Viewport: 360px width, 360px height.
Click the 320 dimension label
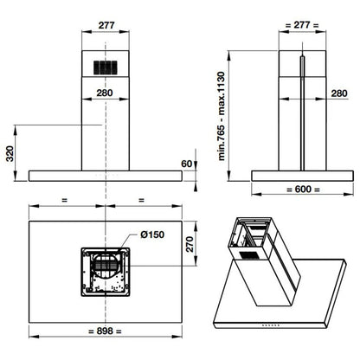[x=10, y=154]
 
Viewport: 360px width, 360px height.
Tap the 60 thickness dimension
[x=186, y=164]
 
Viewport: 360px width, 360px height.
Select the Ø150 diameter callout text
[x=152, y=235]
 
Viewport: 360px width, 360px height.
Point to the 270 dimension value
[x=190, y=244]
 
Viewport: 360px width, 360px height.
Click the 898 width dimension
[x=105, y=331]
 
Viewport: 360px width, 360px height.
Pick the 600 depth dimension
[x=303, y=190]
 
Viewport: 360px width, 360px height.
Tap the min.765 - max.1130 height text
[x=222, y=116]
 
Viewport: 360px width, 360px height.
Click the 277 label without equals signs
[x=106, y=25]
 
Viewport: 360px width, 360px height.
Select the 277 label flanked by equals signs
[x=302, y=25]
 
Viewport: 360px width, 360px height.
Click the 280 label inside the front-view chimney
[x=105, y=93]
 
